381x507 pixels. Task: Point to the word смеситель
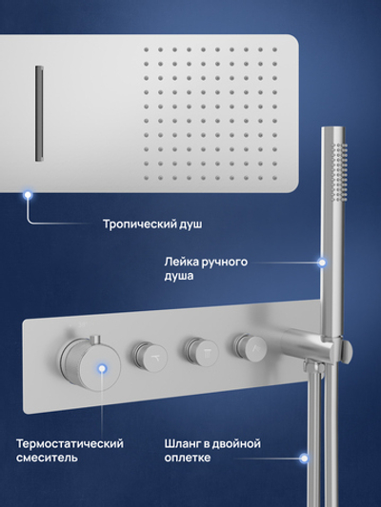click(x=48, y=459)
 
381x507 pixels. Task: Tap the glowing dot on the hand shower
click(x=322, y=260)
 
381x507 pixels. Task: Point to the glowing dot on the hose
click(x=304, y=458)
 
